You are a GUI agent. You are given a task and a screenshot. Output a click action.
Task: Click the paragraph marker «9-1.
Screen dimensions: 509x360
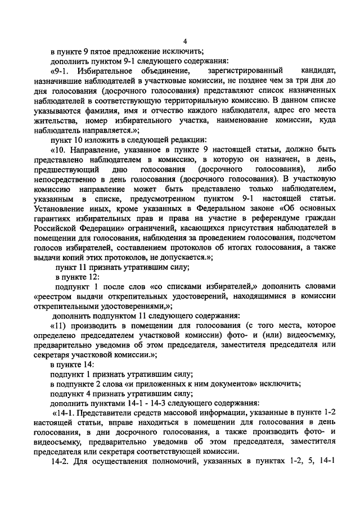click(x=61, y=71)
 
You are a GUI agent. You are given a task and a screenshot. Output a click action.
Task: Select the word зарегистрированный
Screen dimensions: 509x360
click(x=239, y=71)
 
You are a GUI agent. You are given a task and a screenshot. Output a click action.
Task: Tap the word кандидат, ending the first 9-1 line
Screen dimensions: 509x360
click(x=317, y=71)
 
